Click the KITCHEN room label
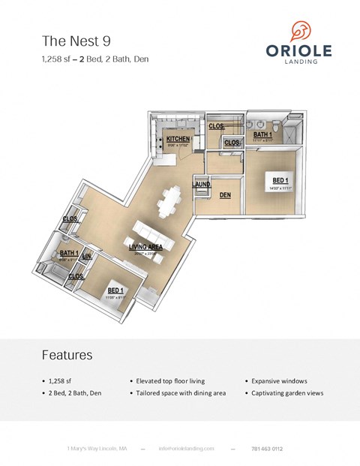178,139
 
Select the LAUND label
201,184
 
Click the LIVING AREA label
146,247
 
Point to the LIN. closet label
86,257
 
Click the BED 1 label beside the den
280,180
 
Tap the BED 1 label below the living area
115,290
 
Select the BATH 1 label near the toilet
262,134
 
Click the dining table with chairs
172,200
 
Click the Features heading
67,354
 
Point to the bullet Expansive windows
280,381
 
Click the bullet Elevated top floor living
170,381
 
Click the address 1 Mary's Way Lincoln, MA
97,448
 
